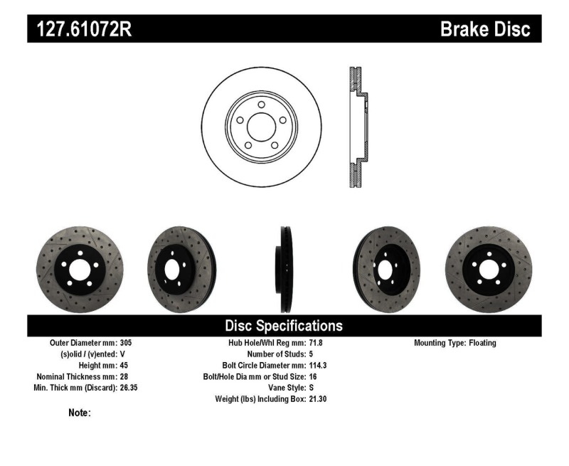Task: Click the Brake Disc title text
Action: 485,29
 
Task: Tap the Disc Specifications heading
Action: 284,326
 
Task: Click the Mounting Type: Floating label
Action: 454,342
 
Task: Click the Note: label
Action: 79,413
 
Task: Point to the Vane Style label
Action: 282,388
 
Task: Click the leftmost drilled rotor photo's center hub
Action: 79,270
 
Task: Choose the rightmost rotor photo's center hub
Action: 489,270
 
